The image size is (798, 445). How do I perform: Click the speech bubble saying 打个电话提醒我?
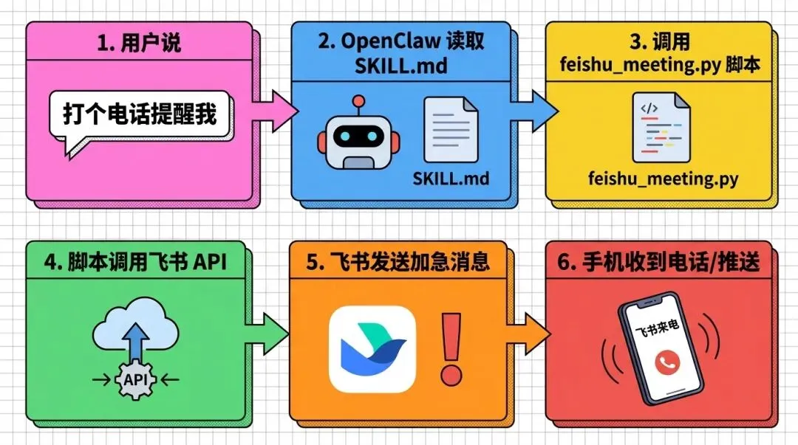139,116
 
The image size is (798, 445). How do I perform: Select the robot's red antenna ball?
358,102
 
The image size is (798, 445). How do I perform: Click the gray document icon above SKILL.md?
450,129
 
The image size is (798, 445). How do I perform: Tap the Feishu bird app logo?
372,348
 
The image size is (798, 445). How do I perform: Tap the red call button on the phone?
666,361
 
